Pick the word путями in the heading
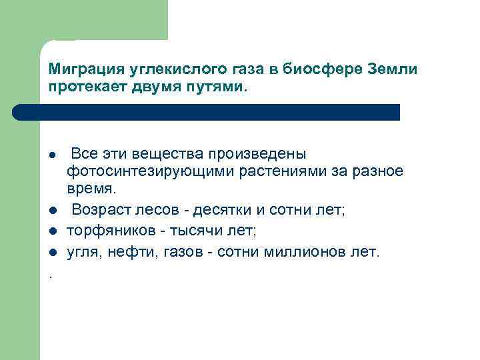tap(219, 87)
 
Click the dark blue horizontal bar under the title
tap(220, 112)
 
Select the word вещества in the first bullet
tap(165, 154)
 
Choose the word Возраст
tap(100, 211)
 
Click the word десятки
tap(221, 211)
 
